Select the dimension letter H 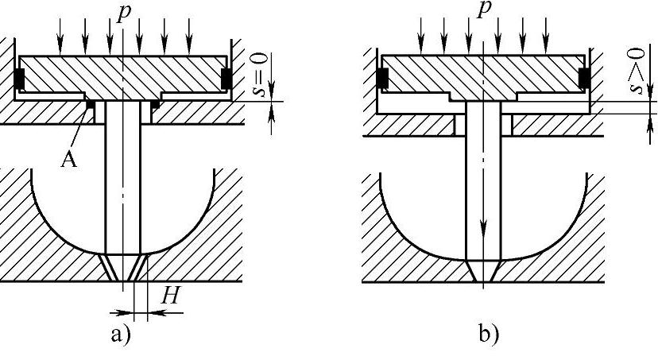[168, 296]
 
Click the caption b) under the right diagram [489, 332]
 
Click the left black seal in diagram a [20, 78]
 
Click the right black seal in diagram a [226, 78]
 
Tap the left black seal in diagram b [382, 78]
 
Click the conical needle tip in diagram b [483, 271]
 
